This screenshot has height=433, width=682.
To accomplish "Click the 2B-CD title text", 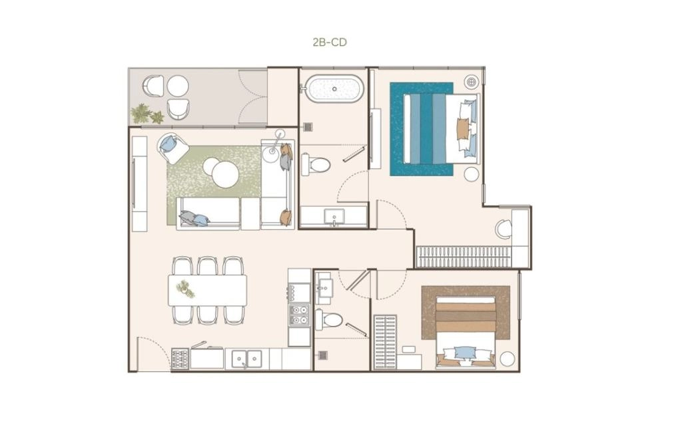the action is [330, 42].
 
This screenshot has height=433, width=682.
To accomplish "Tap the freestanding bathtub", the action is [334, 88].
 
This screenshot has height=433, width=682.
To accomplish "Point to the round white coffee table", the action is [225, 174].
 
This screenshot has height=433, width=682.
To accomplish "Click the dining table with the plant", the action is [208, 290].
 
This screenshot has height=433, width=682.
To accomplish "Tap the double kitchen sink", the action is [246, 359].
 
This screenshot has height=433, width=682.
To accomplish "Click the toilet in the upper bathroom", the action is [316, 164].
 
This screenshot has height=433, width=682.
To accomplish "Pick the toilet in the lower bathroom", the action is [329, 320].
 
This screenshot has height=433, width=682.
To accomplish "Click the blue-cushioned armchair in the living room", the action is [172, 148].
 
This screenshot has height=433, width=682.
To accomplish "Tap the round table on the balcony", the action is [178, 86].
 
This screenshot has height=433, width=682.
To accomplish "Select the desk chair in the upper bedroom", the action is [504, 229].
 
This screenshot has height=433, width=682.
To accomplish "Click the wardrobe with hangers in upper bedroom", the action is [464, 257].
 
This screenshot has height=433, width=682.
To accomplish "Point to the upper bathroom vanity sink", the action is [334, 217].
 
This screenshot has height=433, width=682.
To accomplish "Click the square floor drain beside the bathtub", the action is [308, 127].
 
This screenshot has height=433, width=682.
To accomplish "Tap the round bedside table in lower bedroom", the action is [507, 359].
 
